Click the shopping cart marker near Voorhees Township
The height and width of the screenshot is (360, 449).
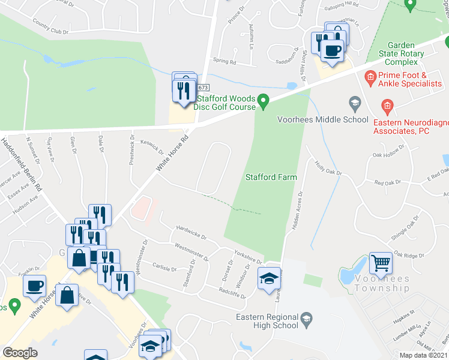point(381,262)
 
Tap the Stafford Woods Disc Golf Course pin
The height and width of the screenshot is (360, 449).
point(262,100)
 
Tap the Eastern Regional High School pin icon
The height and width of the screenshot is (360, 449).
point(307,317)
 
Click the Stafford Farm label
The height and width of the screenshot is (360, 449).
point(270,177)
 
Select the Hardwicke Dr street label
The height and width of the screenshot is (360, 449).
point(191,232)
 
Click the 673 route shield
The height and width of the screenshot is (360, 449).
point(203,88)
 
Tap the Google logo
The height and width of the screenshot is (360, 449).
point(20,353)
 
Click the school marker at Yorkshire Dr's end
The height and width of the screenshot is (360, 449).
point(268,278)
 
